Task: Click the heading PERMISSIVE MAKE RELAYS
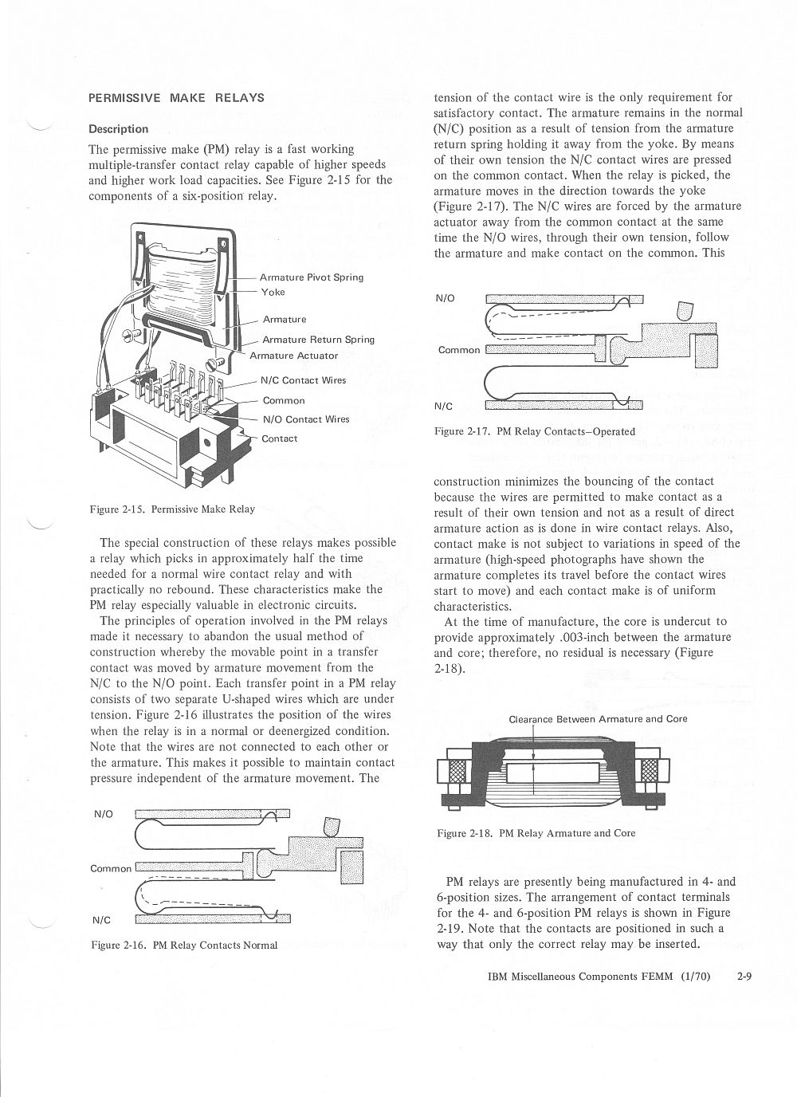(x=176, y=98)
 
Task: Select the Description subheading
(x=118, y=129)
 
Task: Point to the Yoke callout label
(x=273, y=293)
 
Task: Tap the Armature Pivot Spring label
(x=311, y=277)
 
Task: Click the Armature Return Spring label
(x=318, y=340)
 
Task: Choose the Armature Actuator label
(x=294, y=356)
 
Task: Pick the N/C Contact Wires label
(x=303, y=380)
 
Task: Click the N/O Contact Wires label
(x=306, y=419)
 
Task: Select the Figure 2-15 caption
(x=171, y=509)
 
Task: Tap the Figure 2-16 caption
(x=183, y=945)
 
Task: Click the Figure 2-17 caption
(x=534, y=431)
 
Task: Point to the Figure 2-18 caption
(x=536, y=833)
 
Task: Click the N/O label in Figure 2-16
(x=104, y=814)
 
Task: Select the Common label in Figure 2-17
(x=459, y=350)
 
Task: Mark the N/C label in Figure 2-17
(x=444, y=406)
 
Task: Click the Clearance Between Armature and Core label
(x=598, y=719)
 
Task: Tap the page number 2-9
(x=744, y=975)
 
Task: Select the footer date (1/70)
(x=698, y=975)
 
